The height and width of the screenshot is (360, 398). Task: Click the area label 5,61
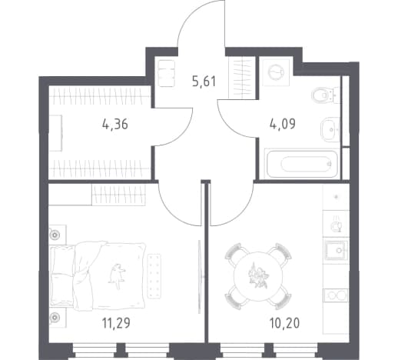[204, 82]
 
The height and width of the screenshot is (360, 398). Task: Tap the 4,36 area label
[114, 125]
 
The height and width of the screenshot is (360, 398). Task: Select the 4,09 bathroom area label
[283, 124]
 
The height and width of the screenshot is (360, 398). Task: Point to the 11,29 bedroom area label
[116, 323]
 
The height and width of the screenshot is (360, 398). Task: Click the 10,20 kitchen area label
[284, 323]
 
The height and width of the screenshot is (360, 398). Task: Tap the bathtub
[302, 163]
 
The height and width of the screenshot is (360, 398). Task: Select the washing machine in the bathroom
[276, 72]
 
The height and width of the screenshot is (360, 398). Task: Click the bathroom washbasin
[330, 129]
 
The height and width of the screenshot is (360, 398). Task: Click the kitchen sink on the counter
[336, 250]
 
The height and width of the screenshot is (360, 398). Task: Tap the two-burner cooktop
[336, 295]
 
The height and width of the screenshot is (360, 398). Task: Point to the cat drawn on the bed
[118, 276]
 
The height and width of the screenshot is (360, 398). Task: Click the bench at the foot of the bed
[154, 276]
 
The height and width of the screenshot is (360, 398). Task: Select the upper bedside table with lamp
[58, 235]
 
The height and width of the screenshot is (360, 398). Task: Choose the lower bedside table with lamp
[58, 318]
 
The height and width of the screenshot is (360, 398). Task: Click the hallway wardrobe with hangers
[242, 78]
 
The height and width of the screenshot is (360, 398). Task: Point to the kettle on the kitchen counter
[336, 224]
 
